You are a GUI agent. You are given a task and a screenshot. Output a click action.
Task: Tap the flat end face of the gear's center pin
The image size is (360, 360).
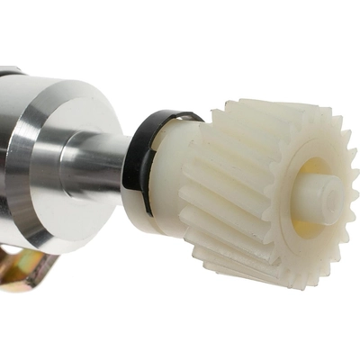pyautogui.click(x=330, y=193)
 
